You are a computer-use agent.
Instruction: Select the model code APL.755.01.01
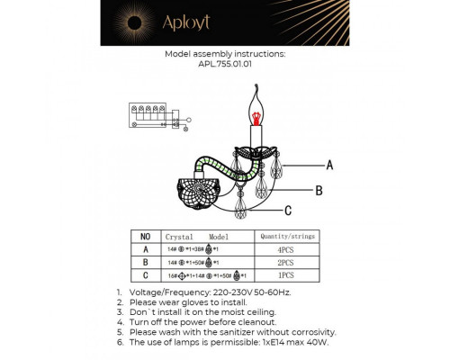click(224, 64)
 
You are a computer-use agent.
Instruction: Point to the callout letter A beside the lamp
click(329, 166)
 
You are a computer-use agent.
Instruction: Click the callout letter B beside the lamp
click(319, 190)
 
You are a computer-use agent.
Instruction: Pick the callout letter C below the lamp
click(287, 211)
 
